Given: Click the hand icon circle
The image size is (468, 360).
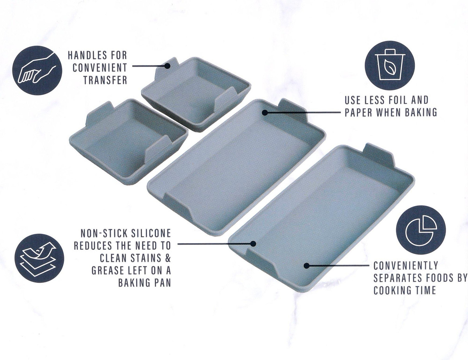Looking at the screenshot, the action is click(37, 70).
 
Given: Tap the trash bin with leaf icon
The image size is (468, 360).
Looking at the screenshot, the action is click(390, 65).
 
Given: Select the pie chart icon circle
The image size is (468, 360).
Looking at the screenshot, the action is click(421, 230).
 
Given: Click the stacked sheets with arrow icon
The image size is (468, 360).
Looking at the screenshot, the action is click(39, 258).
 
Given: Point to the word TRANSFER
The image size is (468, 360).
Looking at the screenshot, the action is click(105, 80).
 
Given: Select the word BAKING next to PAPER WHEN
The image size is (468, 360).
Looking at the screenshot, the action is click(421, 112).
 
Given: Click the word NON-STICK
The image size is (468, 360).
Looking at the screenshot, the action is click(102, 233).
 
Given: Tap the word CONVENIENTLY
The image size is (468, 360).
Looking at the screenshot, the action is click(406, 266).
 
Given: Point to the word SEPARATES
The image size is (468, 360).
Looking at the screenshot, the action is click(395, 278).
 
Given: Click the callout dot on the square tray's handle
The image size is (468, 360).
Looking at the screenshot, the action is click(167, 66).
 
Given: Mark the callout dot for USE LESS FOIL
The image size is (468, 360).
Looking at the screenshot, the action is click(265, 112).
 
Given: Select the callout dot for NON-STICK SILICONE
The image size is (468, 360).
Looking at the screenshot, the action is click(253, 244).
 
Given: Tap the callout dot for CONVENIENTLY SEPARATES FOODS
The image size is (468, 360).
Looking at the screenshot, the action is click(307, 266).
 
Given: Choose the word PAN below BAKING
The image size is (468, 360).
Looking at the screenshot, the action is click(161, 282).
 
